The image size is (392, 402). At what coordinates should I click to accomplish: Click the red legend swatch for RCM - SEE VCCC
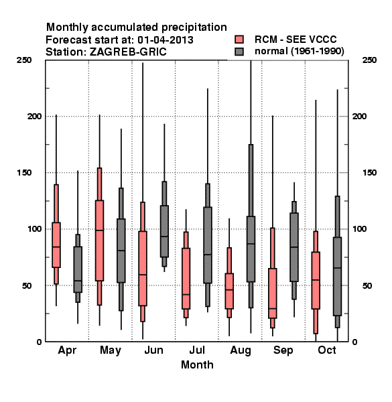pos(239,40)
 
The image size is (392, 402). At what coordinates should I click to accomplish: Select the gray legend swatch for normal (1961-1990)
pos(239,52)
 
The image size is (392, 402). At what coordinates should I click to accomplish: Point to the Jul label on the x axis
pos(197,350)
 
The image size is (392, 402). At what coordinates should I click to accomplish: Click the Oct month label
pos(327,350)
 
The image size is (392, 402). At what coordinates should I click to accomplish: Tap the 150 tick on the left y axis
pos(24,173)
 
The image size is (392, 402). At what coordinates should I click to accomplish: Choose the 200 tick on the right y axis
pos(359,116)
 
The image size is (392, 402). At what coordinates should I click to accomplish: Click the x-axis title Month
pos(197,365)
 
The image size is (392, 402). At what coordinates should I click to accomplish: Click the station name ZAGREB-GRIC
pos(128,52)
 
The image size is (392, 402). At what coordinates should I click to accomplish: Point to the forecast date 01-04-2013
pos(166,40)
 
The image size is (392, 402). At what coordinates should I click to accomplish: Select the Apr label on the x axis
pos(67,350)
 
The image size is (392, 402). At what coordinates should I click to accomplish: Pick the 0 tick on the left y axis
pos(39,342)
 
